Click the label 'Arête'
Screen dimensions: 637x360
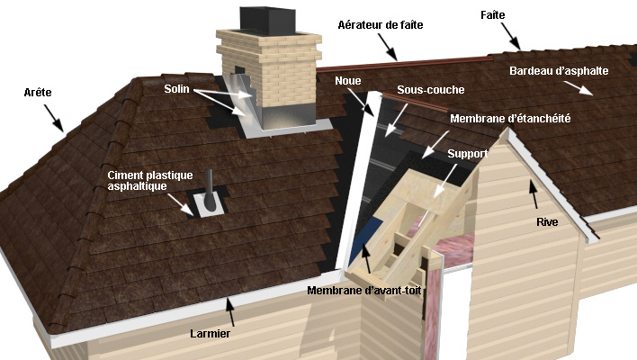point(38,92)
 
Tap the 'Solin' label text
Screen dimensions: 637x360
point(176,88)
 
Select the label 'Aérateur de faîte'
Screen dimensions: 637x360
point(381,25)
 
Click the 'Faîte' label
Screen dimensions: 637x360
point(493,15)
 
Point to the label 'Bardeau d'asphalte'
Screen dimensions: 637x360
point(559,71)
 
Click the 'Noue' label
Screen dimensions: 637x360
point(348,80)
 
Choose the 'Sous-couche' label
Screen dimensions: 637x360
point(431,89)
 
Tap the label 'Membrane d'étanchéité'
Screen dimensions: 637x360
point(510,118)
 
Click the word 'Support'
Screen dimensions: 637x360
point(468,154)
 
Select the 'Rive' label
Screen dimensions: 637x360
point(547,222)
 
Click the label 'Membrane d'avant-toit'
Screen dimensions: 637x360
point(364,291)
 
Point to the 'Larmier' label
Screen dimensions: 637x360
point(210,334)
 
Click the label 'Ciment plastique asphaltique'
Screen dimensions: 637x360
point(150,180)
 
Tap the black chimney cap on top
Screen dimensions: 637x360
point(267,20)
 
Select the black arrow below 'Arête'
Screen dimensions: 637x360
point(54,118)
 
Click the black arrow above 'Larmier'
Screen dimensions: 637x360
point(230,311)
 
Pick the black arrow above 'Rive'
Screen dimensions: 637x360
point(534,194)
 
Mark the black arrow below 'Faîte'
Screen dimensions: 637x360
point(511,36)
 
